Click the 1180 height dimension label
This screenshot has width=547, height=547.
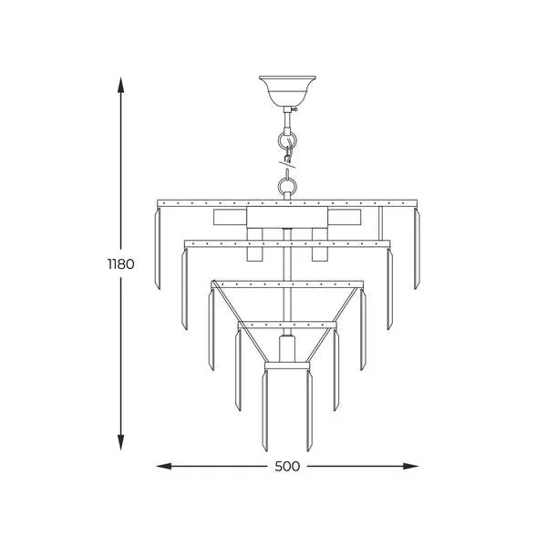click(120, 264)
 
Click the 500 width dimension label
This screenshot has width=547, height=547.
click(287, 467)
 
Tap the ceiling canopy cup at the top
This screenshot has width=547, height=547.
click(287, 91)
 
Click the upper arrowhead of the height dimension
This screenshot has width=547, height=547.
click(120, 85)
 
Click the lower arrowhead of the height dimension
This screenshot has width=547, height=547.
click(120, 442)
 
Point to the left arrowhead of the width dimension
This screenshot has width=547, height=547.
click(164, 466)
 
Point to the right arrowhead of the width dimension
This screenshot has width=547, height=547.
click(410, 466)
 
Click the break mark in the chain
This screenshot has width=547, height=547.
click(287, 163)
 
